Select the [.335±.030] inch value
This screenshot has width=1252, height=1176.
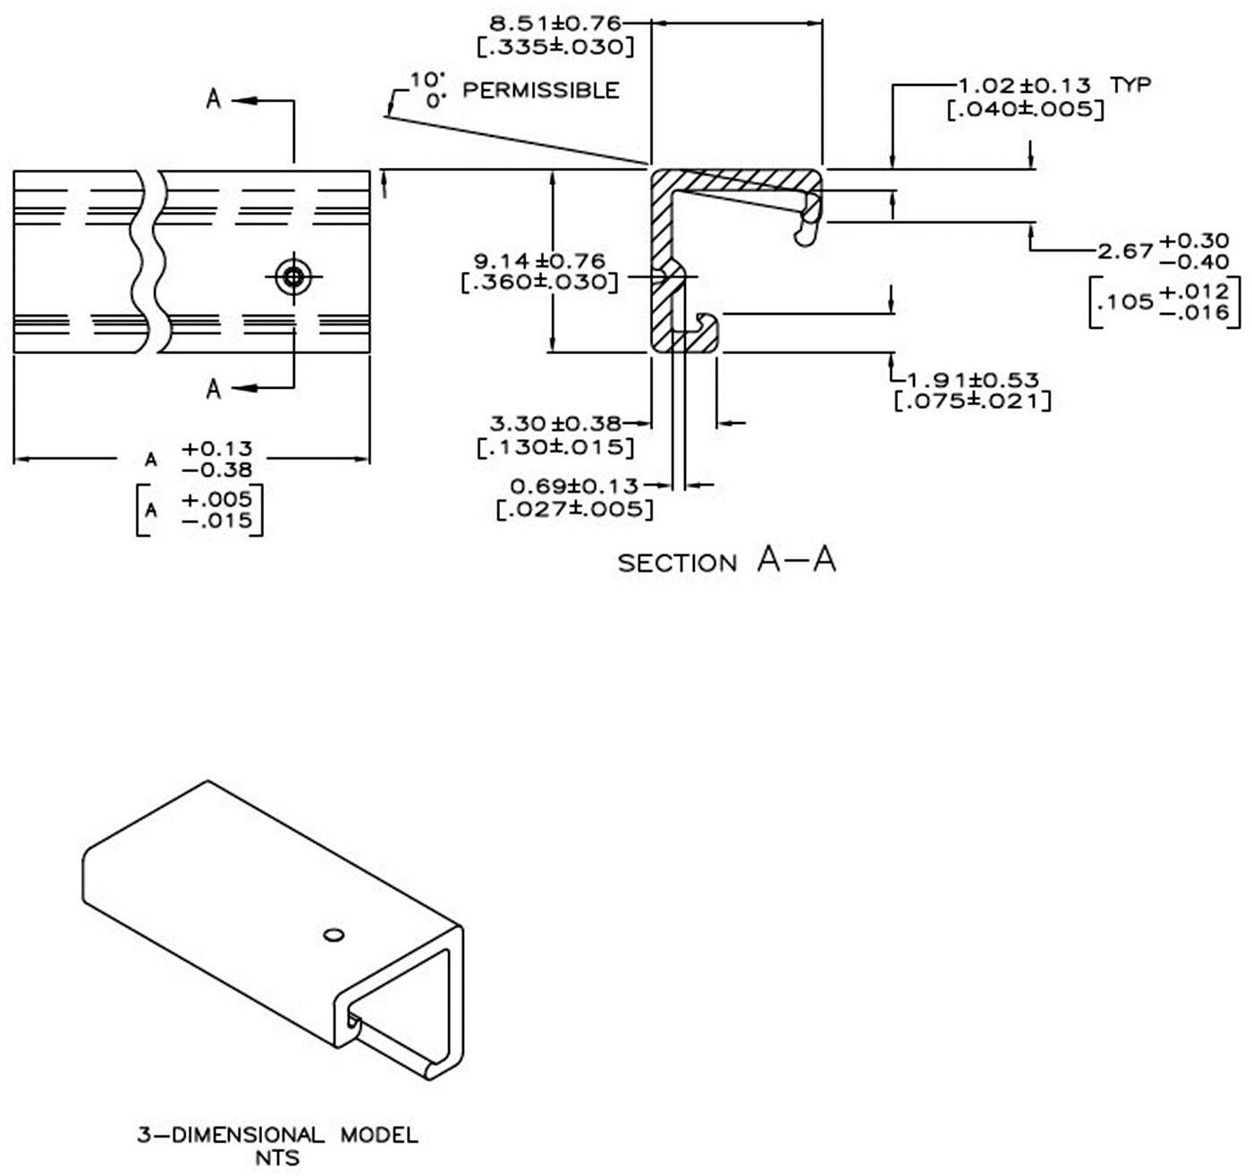[x=556, y=47]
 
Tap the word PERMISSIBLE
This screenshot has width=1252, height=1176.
[x=540, y=90]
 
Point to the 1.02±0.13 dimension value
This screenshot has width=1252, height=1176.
[x=1024, y=86]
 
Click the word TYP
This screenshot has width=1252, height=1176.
[x=1130, y=85]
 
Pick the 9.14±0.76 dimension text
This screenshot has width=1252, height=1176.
[x=539, y=261]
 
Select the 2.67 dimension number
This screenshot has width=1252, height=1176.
[x=1125, y=251]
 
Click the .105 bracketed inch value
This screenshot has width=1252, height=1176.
[x=1125, y=302]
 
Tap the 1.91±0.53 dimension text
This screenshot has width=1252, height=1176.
[x=973, y=380]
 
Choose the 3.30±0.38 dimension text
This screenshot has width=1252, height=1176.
[x=555, y=423]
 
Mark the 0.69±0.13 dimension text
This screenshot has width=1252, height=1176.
[x=574, y=486]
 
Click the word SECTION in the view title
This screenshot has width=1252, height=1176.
[x=677, y=563]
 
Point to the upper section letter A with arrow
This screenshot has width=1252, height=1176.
[x=214, y=98]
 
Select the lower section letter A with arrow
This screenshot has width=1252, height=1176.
[x=214, y=389]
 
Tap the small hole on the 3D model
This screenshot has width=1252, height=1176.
[x=334, y=935]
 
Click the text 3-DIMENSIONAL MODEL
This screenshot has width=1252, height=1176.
[x=277, y=1136]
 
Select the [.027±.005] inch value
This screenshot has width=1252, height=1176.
[x=574, y=510]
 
